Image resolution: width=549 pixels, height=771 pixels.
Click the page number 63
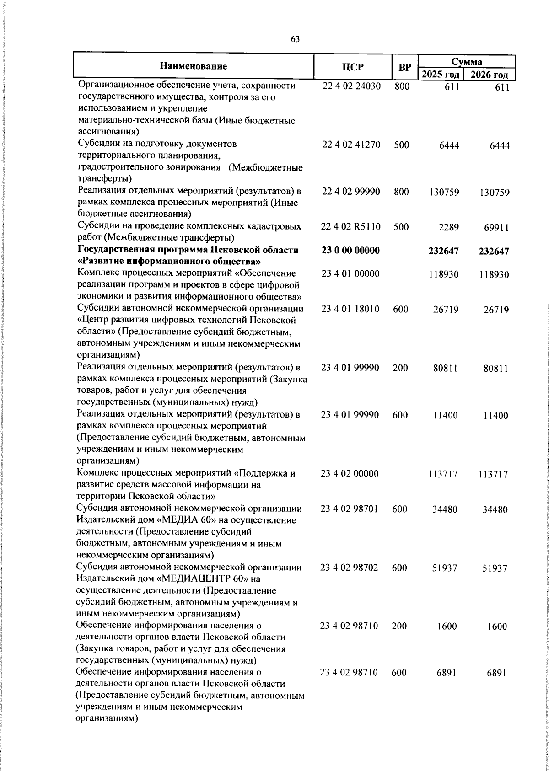click(x=295, y=39)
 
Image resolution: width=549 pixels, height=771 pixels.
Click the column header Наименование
click(x=193, y=67)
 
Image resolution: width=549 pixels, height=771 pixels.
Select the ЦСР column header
click(x=352, y=67)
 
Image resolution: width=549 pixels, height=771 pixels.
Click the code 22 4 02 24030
click(x=351, y=86)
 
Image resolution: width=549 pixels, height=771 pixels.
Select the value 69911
click(x=497, y=227)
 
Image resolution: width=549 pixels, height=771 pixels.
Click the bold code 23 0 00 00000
click(x=351, y=251)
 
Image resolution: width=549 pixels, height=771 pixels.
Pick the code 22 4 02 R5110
click(x=351, y=227)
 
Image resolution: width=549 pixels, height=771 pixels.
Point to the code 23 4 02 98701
click(x=350, y=509)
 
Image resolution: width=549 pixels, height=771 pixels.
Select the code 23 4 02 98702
click(x=350, y=568)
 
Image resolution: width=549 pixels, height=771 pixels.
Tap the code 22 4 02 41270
click(x=351, y=145)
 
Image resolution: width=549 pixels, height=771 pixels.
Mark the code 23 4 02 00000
click(x=350, y=474)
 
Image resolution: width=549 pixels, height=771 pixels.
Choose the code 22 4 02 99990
click(x=351, y=192)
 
